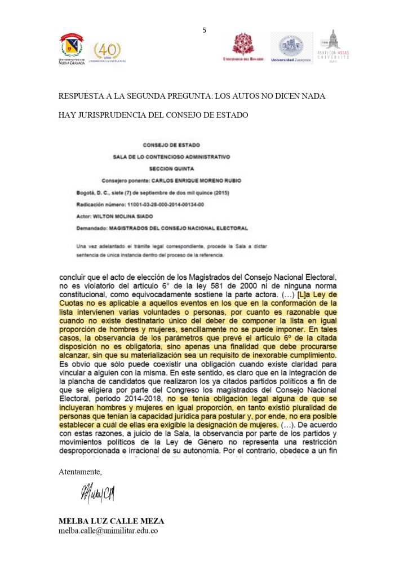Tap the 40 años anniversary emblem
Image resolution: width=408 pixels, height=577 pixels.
pos(108,51)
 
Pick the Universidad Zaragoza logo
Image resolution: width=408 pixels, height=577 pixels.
pos(291,46)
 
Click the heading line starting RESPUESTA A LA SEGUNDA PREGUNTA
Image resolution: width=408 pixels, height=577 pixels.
pos(192,96)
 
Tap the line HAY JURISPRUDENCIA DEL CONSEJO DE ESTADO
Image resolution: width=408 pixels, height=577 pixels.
pos(153,116)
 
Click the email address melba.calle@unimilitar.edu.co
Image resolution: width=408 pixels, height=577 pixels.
pos(108,531)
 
